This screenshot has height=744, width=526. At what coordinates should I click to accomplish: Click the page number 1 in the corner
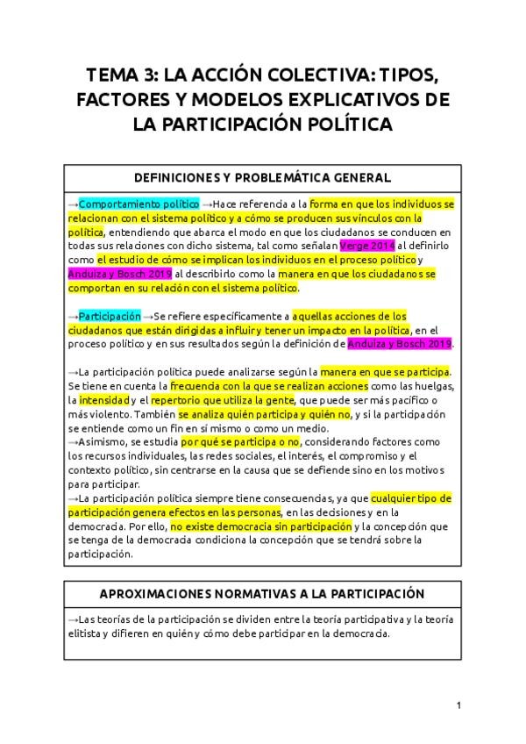(x=458, y=705)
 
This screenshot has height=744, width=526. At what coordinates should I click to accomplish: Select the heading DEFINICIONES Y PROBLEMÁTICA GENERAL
(x=263, y=177)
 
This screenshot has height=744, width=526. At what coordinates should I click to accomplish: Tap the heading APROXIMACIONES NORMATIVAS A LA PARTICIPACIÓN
(x=263, y=593)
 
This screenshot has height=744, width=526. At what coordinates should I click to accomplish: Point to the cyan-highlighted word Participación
(x=110, y=316)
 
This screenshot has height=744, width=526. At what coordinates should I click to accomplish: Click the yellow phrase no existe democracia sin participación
(x=259, y=526)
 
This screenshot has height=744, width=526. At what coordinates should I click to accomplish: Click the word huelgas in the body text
(x=431, y=386)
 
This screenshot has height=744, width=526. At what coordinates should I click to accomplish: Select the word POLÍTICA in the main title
(x=343, y=125)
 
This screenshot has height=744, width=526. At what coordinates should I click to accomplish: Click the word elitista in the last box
(x=85, y=633)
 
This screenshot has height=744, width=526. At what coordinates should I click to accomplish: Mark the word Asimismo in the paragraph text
(x=100, y=442)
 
